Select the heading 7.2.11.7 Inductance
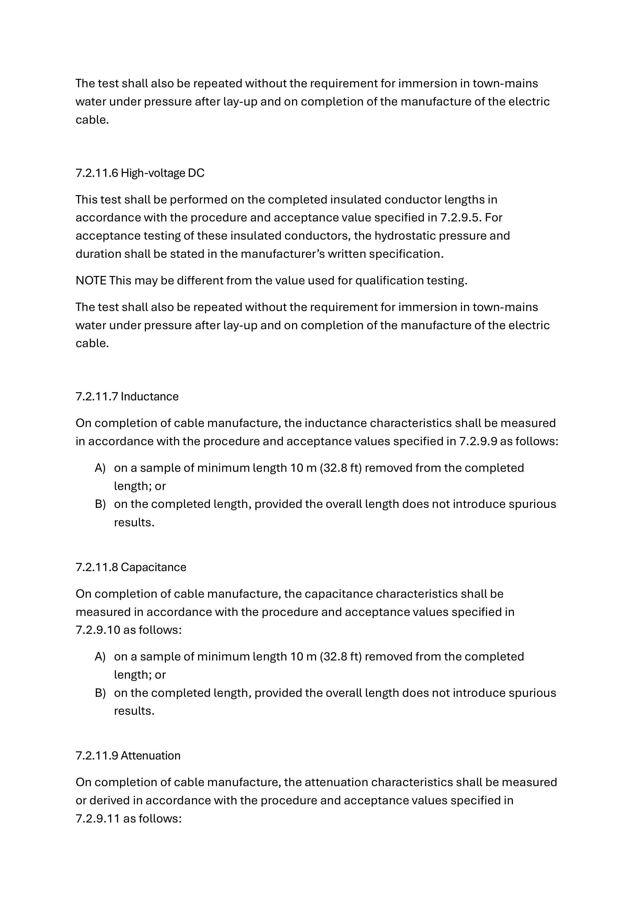(x=127, y=396)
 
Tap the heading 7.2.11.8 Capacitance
(x=131, y=567)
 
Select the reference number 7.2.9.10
(x=98, y=630)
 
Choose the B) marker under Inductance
(x=100, y=504)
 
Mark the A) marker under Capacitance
(x=100, y=656)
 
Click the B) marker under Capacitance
(x=100, y=693)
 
